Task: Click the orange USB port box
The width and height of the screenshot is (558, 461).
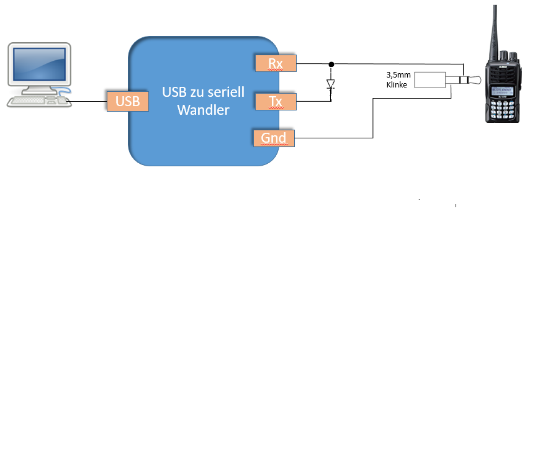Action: click(x=128, y=101)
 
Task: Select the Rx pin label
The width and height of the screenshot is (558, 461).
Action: click(x=275, y=63)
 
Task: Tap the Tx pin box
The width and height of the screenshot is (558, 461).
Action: click(x=276, y=101)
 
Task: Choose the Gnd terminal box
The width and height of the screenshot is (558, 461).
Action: click(x=274, y=138)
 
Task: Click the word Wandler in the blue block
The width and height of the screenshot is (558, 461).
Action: click(x=203, y=110)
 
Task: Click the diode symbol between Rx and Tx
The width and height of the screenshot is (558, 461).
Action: click(x=331, y=84)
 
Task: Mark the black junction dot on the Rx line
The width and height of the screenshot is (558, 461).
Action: click(x=331, y=64)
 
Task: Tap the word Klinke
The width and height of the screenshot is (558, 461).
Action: click(x=397, y=85)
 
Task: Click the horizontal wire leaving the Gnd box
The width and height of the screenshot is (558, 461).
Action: click(x=333, y=138)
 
